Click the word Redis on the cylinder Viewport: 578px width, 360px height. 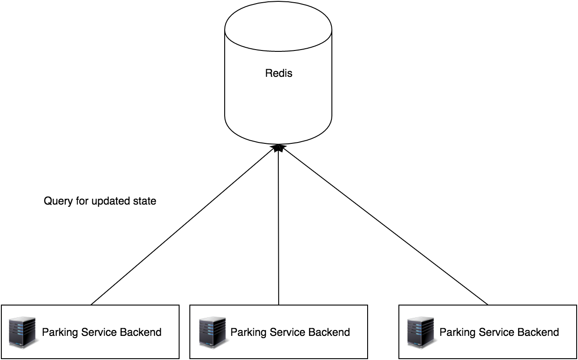279,73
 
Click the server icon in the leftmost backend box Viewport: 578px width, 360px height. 22,332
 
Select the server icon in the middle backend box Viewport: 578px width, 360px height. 212,332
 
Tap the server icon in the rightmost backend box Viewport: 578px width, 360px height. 421,332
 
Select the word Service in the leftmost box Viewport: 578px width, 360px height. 99,332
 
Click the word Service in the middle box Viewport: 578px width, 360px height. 287,332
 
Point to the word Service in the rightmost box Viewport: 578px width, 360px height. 496,332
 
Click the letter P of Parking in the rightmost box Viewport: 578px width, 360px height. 443,332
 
